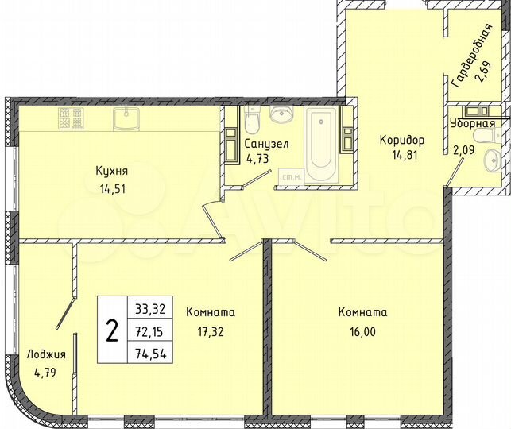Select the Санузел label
point(261,144)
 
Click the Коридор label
point(401,140)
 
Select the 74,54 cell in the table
point(150,353)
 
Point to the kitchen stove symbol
point(70,119)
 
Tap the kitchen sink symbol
point(126,119)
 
